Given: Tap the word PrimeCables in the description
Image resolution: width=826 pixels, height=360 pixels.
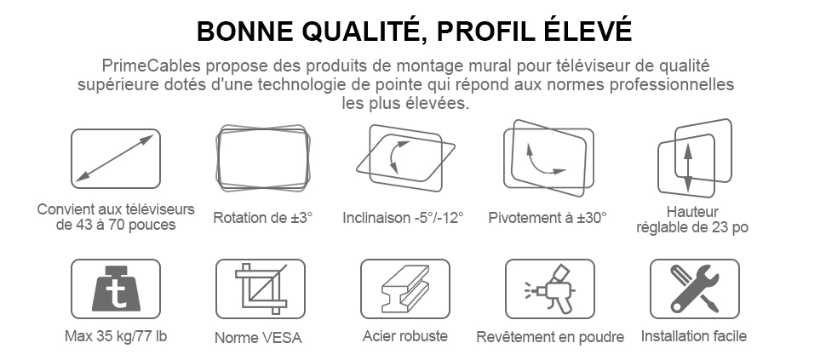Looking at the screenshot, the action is click(x=151, y=66).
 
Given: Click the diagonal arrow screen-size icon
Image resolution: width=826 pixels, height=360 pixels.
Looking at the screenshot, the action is click(x=115, y=158).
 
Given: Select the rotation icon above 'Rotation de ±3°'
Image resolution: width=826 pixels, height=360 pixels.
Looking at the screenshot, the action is click(x=263, y=158).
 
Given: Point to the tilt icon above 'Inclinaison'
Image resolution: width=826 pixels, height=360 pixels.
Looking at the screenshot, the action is click(x=405, y=158).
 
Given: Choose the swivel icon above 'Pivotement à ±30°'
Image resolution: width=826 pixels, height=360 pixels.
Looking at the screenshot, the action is click(x=549, y=158).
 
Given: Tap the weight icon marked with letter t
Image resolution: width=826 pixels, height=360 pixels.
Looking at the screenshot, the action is click(x=115, y=289).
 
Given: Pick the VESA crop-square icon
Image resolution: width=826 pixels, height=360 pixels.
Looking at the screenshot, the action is click(x=261, y=289).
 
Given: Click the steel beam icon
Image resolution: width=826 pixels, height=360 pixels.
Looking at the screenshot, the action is click(x=405, y=289).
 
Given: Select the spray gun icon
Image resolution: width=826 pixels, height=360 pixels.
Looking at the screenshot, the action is click(x=550, y=289).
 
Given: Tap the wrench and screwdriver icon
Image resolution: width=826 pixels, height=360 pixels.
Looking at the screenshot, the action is click(x=694, y=289).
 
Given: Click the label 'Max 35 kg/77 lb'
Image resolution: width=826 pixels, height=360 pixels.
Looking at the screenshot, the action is click(x=116, y=336).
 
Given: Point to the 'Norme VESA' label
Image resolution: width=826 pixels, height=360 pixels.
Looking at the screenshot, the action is click(x=258, y=337).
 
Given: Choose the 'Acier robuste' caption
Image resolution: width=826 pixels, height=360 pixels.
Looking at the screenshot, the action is click(x=405, y=336).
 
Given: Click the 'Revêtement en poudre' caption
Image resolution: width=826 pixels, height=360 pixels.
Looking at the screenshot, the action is click(x=550, y=337).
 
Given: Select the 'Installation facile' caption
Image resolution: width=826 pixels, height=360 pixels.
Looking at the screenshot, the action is click(x=694, y=336).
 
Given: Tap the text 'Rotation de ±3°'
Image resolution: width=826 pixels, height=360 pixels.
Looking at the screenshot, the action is click(x=263, y=217).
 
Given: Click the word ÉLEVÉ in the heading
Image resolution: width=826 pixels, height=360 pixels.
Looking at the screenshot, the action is click(x=587, y=31).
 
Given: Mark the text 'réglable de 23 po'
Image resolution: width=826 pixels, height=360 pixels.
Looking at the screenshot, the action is click(x=692, y=227).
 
